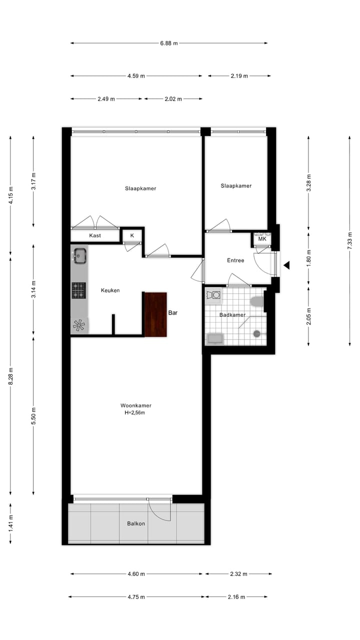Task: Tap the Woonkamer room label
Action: (x=135, y=405)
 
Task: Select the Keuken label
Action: (x=110, y=290)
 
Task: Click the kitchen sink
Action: (x=79, y=256)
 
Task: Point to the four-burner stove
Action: (x=78, y=290)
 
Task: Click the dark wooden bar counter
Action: (x=155, y=314)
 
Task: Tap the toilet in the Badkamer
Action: (x=257, y=301)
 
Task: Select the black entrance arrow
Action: (x=286, y=265)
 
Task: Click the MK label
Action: (x=262, y=239)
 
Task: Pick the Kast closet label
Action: (x=95, y=235)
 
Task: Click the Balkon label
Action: (x=136, y=523)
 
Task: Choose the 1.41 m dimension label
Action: (x=11, y=523)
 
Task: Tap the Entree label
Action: (x=235, y=260)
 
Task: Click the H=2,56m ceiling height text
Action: (x=135, y=413)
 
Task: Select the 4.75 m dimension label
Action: (x=135, y=597)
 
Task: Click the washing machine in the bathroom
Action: (x=213, y=295)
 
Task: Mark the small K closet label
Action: (x=132, y=235)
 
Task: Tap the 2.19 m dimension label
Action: (x=239, y=76)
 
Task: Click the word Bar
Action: (x=173, y=313)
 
